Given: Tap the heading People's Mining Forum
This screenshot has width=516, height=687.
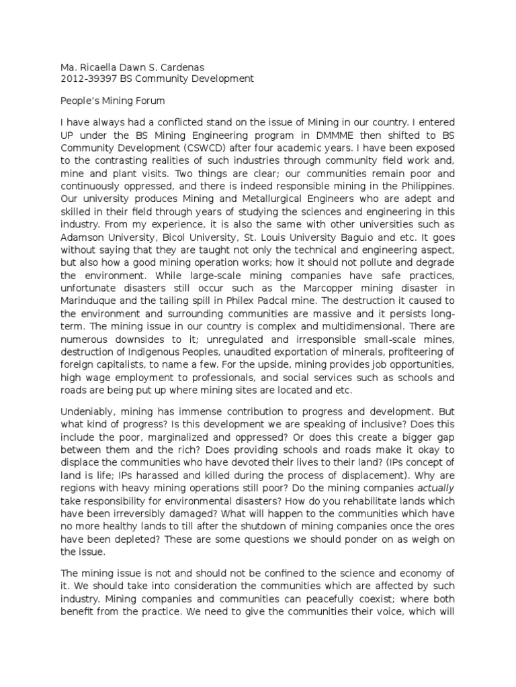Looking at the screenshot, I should click(112, 100).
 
